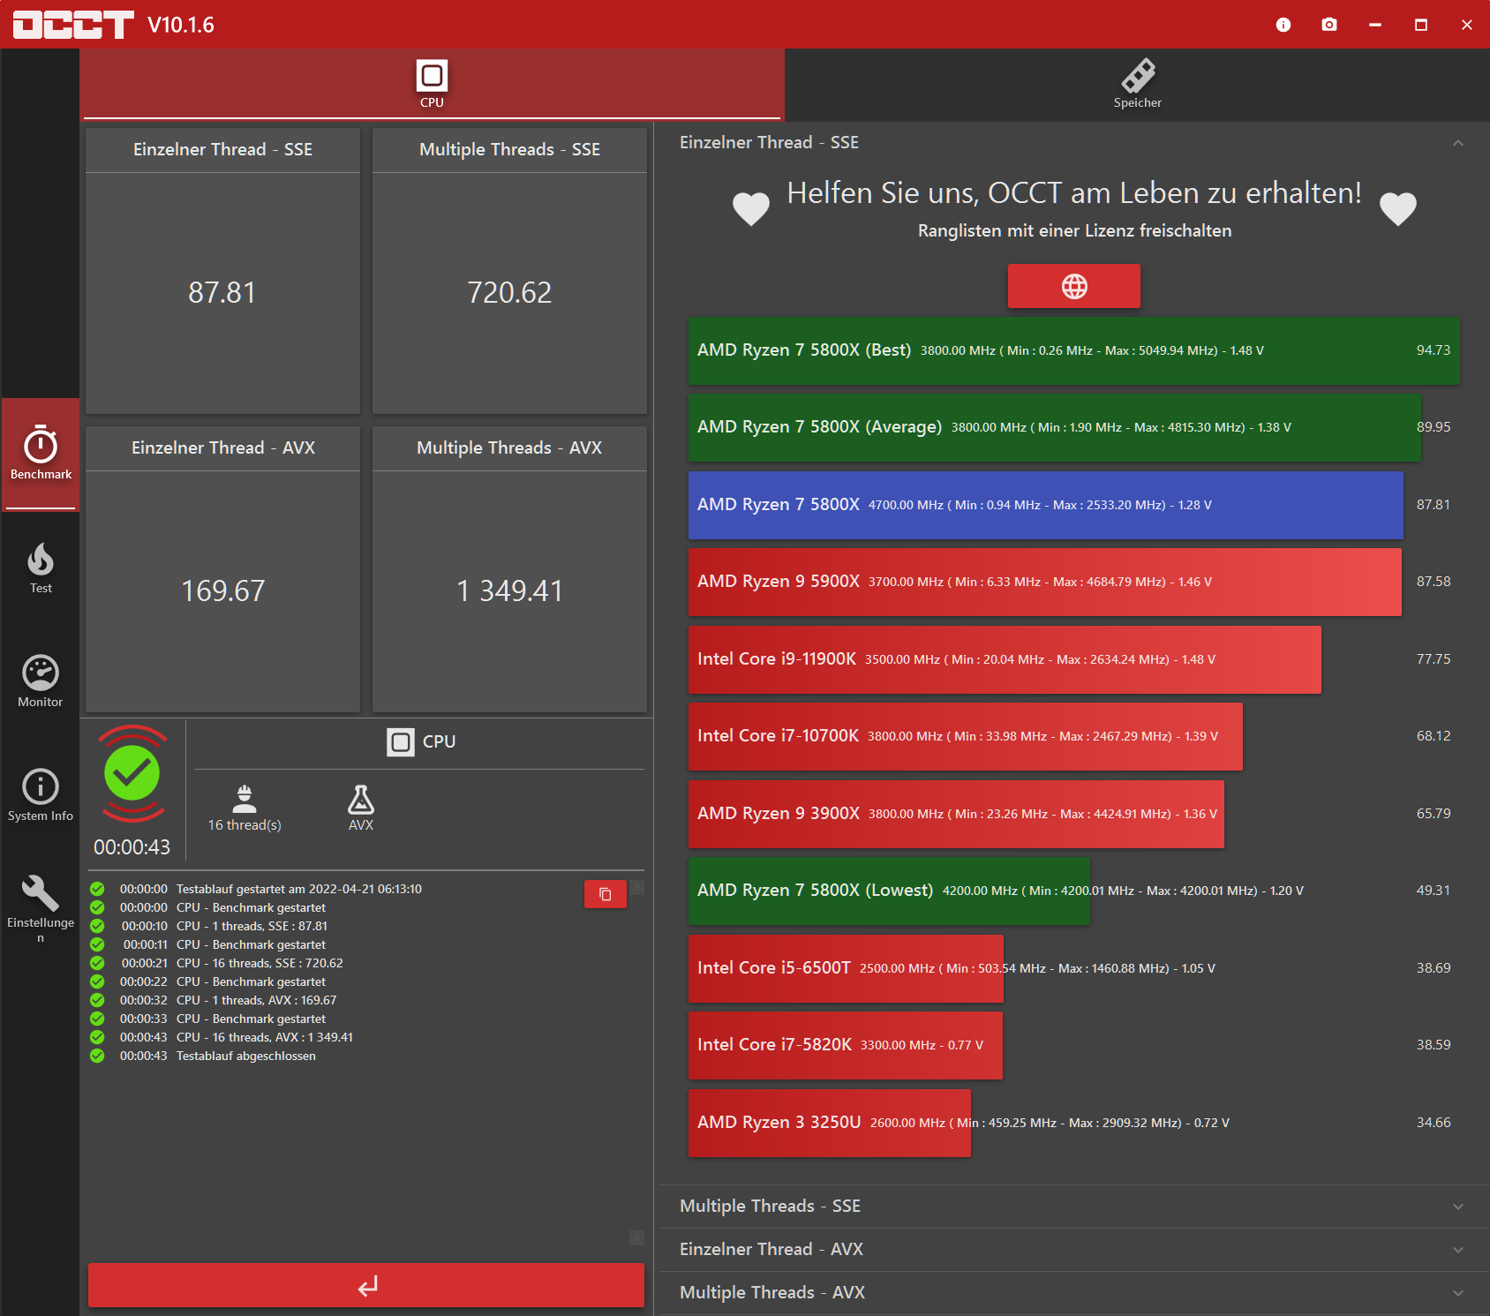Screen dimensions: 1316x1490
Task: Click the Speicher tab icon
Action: (1138, 77)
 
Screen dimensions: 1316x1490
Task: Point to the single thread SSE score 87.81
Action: (222, 292)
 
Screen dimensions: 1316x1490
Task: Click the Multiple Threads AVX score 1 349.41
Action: (509, 590)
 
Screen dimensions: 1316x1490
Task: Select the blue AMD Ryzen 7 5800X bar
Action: (1045, 505)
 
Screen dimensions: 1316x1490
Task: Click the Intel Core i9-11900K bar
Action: (1004, 659)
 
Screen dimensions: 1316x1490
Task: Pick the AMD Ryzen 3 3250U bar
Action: (829, 1123)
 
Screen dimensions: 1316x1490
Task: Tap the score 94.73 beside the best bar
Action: (1433, 350)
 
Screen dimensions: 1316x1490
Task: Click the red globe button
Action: (1073, 286)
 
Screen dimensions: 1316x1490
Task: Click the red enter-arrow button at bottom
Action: (366, 1285)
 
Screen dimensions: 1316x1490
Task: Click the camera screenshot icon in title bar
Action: (1329, 25)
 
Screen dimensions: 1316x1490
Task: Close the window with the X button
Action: (1466, 25)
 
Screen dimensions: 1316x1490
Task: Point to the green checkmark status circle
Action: (132, 773)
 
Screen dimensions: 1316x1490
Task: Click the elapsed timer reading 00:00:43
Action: (132, 847)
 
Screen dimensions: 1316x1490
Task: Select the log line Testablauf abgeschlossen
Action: (245, 1056)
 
